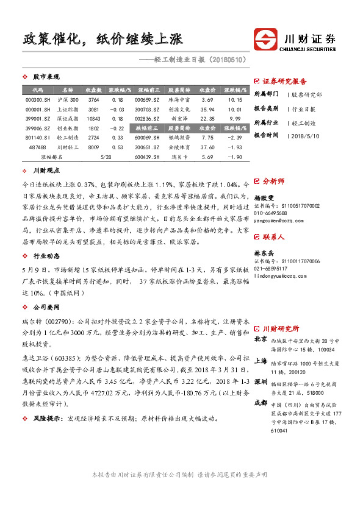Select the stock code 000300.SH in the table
coord(37,99)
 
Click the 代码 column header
coord(37,90)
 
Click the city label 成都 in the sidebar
coord(261,386)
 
